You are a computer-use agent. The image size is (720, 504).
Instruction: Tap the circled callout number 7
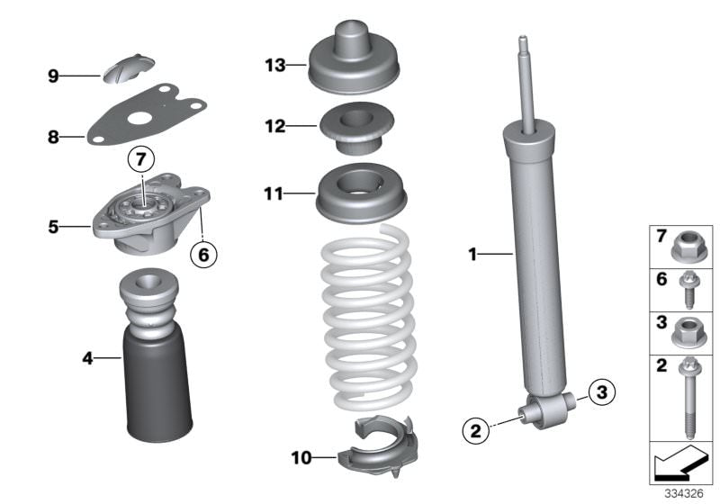click(x=140, y=160)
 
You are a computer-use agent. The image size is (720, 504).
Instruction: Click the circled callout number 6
click(x=203, y=256)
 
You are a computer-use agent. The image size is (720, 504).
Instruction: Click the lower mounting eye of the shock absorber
click(x=550, y=410)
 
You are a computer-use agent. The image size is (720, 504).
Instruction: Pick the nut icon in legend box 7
click(x=686, y=246)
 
